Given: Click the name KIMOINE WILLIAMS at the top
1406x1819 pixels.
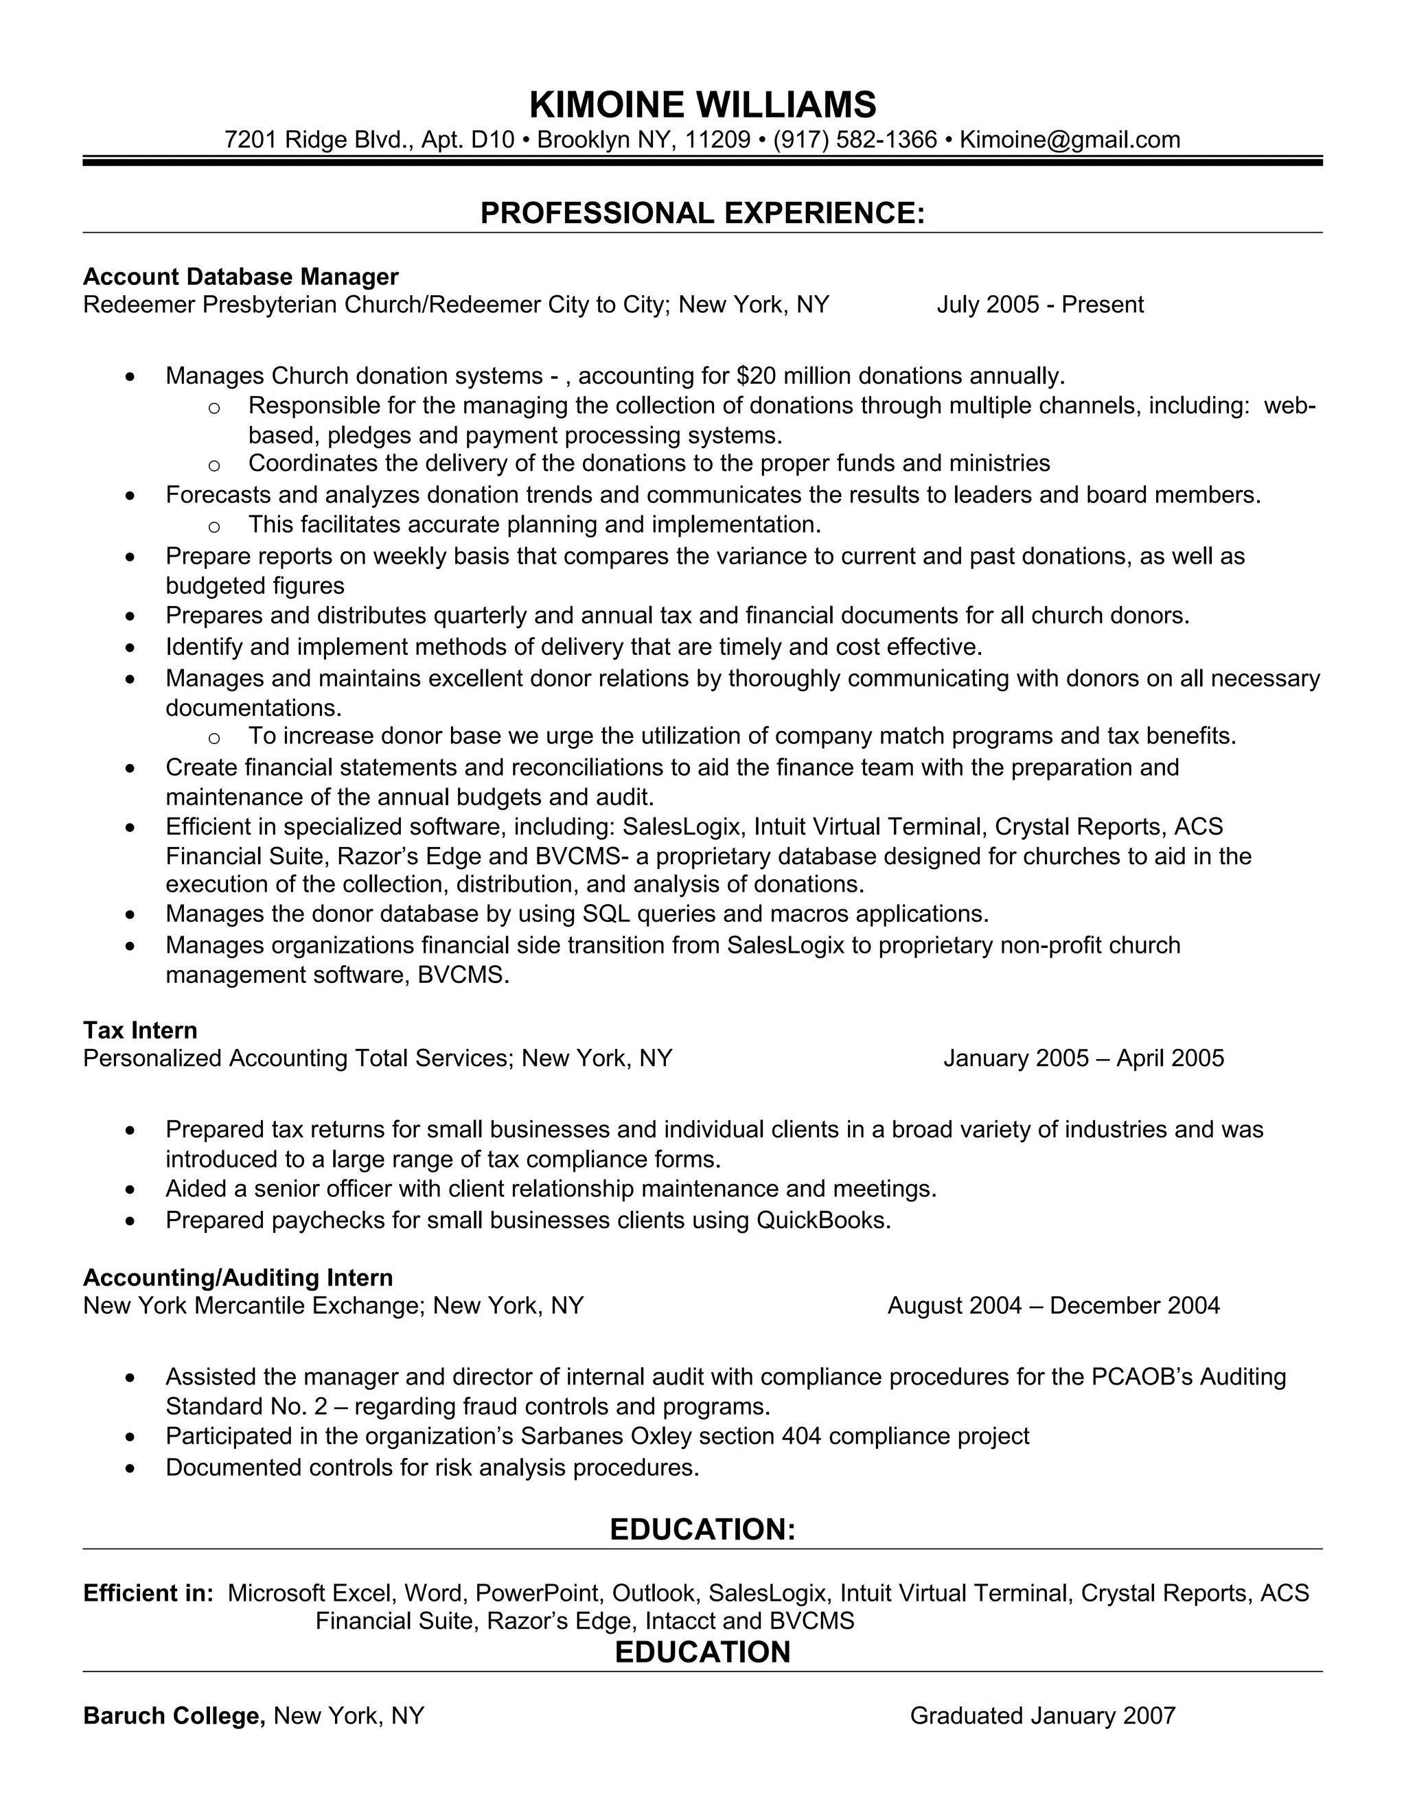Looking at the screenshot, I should (702, 105).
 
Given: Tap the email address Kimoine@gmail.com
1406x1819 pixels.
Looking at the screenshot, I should (1070, 139).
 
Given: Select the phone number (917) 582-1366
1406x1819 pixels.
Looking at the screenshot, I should (855, 139).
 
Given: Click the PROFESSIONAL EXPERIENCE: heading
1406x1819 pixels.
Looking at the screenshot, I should (702, 213).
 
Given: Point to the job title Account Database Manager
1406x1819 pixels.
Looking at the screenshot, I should (241, 277).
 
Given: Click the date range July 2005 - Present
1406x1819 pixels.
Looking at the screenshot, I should (1039, 305).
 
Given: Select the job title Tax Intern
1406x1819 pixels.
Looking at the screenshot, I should (140, 1030).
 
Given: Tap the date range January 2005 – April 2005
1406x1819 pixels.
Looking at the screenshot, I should (1083, 1058).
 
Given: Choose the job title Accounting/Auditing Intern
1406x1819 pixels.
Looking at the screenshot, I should (238, 1277).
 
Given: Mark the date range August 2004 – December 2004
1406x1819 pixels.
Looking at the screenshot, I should (1053, 1305).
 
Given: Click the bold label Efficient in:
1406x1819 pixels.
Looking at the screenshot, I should (148, 1593).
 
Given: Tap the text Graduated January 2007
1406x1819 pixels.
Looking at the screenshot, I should (1042, 1716).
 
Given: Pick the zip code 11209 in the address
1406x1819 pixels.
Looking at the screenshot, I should (717, 139).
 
